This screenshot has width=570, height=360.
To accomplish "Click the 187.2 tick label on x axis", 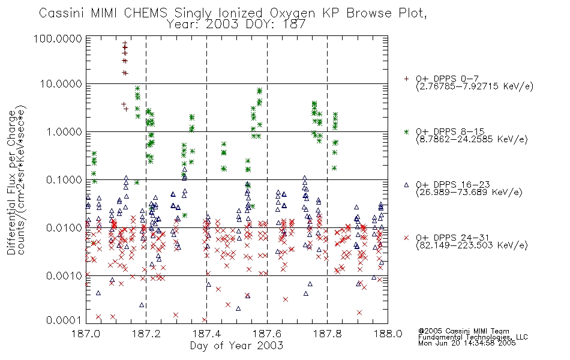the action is coord(146,334).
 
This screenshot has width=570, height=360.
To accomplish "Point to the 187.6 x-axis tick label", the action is coord(267,334).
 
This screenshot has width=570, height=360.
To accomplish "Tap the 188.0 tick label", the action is coord(388,334).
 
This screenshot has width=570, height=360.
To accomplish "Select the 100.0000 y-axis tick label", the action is coord(58,38).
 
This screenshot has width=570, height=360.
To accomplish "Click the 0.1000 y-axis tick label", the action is coord(64,179).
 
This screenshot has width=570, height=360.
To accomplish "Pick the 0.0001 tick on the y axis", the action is coord(64,320).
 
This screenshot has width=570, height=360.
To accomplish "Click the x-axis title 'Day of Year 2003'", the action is coord(236,346).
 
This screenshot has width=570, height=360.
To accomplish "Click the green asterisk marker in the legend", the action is coord(406,131).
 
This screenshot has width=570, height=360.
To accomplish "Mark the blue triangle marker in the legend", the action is coord(406,185).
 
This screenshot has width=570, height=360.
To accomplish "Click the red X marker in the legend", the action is coord(406,238).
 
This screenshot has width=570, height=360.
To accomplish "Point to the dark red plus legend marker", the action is coord(406,79).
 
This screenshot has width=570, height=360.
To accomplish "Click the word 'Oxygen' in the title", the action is coord(293,14).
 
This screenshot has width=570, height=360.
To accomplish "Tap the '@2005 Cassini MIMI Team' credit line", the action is coord(464,331).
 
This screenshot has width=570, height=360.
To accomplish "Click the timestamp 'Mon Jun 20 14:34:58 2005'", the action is coord(467,343).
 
